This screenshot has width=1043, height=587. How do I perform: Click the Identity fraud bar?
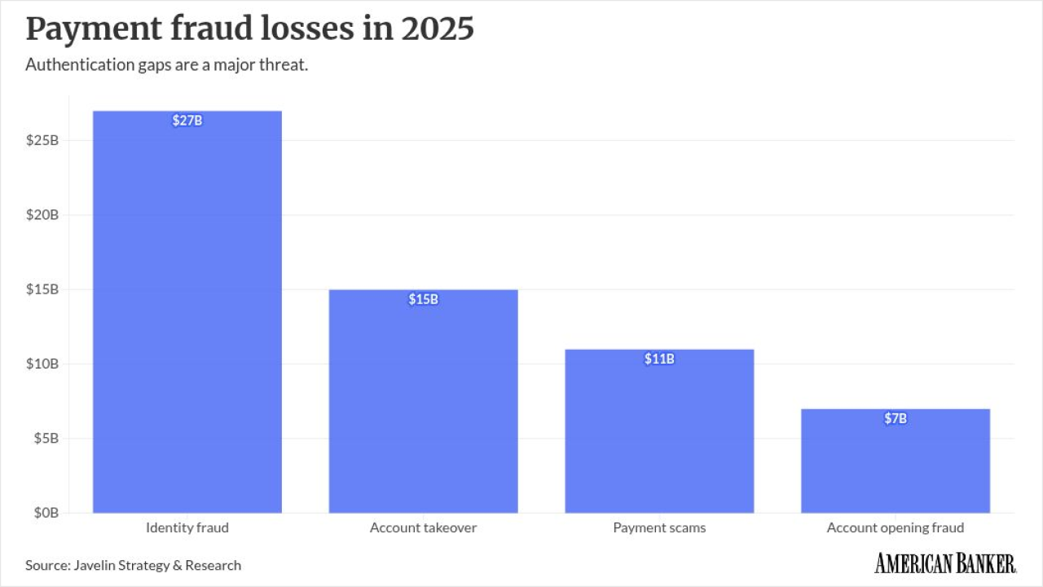coord(187,311)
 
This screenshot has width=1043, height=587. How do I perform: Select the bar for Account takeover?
coord(423,401)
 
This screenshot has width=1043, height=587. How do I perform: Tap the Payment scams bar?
coord(659,431)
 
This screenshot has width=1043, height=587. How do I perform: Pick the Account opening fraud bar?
coord(896,461)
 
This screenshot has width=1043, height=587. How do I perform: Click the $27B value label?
coord(187,121)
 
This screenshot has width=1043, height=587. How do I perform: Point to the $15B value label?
coord(423,299)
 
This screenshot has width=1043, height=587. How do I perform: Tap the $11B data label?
coord(659,359)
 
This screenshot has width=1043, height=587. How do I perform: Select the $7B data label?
coord(896,418)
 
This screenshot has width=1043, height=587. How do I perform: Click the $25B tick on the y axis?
coord(42,140)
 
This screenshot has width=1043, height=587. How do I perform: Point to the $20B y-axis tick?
coord(42,214)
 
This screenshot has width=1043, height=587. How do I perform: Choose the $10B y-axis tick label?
coord(42,364)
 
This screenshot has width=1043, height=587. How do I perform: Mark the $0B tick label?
coord(46,513)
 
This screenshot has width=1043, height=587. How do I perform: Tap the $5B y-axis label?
coord(46,439)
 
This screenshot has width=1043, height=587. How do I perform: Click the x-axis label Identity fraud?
coord(187,527)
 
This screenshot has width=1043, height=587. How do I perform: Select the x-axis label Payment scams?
coord(659,527)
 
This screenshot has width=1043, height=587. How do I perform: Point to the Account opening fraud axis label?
coord(896,527)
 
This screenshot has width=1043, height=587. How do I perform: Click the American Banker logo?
coord(945,563)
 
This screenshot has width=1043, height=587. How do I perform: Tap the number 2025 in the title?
coord(438,29)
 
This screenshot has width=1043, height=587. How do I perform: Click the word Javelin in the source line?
coord(95,565)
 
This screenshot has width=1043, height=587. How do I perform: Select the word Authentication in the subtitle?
coord(80,64)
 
